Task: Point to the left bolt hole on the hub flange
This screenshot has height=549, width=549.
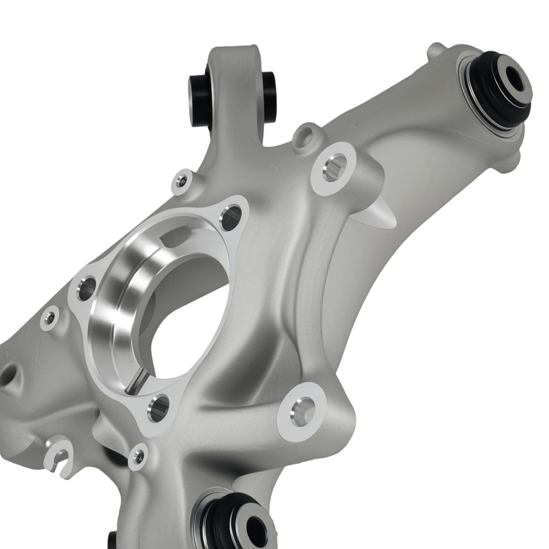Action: (x=86, y=288)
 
